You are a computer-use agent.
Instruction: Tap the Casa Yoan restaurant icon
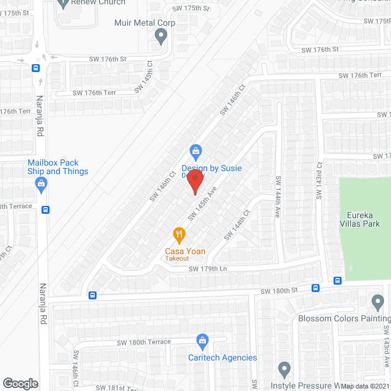coord(178,234)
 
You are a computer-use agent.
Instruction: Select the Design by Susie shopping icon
coord(195,150)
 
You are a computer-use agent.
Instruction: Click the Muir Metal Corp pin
coord(161,37)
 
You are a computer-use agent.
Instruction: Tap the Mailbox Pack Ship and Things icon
coord(42,185)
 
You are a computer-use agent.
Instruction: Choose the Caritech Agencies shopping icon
coord(203,340)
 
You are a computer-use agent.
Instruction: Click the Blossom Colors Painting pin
coord(377,302)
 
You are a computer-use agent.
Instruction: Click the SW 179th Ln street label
coord(208,269)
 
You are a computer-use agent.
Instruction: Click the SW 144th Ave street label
coord(277,193)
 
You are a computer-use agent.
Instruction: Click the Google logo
coord(20,384)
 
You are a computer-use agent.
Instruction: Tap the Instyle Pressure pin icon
coord(283,368)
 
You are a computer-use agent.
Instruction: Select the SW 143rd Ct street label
coord(318,180)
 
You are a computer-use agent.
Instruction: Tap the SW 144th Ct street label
coord(238,225)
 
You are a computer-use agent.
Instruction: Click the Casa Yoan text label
coord(184,251)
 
